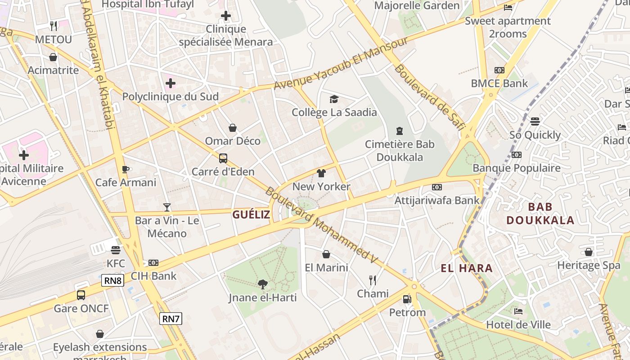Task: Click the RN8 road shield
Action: pyautogui.click(x=113, y=281)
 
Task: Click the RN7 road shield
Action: pyautogui.click(x=171, y=319)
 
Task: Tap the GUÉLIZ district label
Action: pyautogui.click(x=251, y=215)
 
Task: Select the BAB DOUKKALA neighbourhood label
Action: pyautogui.click(x=540, y=214)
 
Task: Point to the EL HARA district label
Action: pyautogui.click(x=467, y=269)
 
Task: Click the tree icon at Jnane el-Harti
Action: pyautogui.click(x=263, y=284)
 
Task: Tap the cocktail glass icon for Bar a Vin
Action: pyautogui.click(x=167, y=207)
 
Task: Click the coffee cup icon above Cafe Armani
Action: pyautogui.click(x=126, y=169)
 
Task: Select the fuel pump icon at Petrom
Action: pyautogui.click(x=407, y=299)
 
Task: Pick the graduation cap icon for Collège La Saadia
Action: pyautogui.click(x=334, y=99)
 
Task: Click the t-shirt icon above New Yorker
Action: pyautogui.click(x=321, y=173)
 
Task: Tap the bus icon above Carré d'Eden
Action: pyautogui.click(x=223, y=158)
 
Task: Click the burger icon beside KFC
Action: pyautogui.click(x=116, y=250)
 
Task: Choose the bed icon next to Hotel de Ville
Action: pyautogui.click(x=518, y=311)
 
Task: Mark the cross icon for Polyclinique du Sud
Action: pyautogui.click(x=171, y=83)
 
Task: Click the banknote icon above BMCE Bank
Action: pyautogui.click(x=499, y=70)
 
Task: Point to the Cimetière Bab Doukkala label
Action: pyautogui.click(x=400, y=151)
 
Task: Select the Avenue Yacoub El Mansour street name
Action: pyautogui.click(x=341, y=63)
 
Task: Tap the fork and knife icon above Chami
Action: pyautogui.click(x=373, y=280)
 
